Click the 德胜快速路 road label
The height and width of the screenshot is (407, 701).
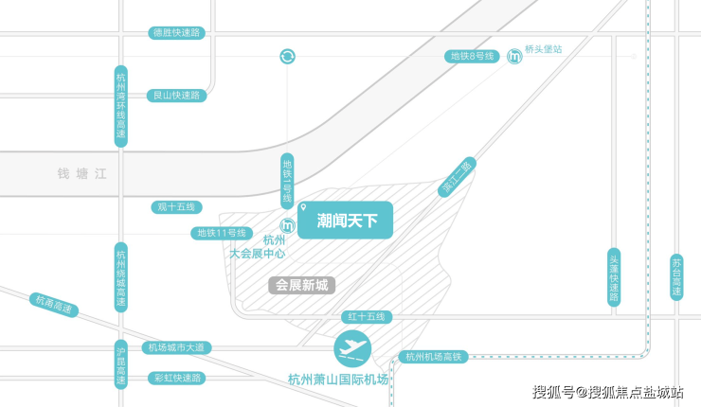pyautogui.click(x=177, y=33)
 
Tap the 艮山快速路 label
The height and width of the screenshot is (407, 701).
pyautogui.click(x=177, y=96)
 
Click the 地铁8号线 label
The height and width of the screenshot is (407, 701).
pyautogui.click(x=472, y=57)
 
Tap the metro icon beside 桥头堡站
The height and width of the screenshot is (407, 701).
pyautogui.click(x=513, y=57)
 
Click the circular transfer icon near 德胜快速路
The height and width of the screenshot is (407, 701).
pyautogui.click(x=288, y=57)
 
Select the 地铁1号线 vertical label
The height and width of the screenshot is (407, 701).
pyautogui.click(x=288, y=181)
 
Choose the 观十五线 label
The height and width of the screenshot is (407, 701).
pyautogui.click(x=177, y=207)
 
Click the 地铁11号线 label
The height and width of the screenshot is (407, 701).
pyautogui.click(x=221, y=233)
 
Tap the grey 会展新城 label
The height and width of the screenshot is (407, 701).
pyautogui.click(x=301, y=284)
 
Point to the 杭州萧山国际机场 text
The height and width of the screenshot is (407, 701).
pyautogui.click(x=338, y=380)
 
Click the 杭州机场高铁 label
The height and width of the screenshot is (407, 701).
pyautogui.click(x=432, y=357)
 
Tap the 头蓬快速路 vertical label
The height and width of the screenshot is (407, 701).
pyautogui.click(x=614, y=277)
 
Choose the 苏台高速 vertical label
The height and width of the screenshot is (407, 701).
pyautogui.click(x=676, y=277)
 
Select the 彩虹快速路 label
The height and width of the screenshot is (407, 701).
pyautogui.click(x=177, y=378)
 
